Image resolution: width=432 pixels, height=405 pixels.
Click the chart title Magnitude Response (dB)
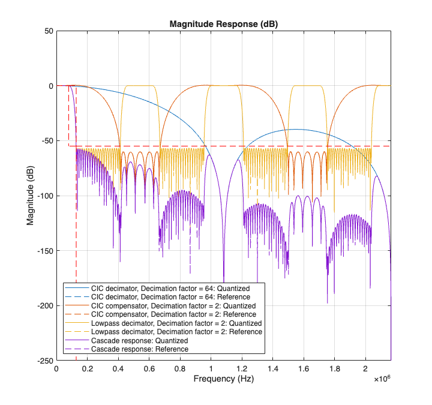[223, 24]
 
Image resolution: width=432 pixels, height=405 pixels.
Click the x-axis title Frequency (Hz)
[223, 380]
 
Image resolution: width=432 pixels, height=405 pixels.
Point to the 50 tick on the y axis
[48, 31]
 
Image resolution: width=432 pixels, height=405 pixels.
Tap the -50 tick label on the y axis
[46, 141]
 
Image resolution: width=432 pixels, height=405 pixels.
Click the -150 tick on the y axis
[44, 251]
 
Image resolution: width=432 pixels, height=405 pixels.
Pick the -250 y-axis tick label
[44, 361]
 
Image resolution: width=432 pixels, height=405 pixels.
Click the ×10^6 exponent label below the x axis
[382, 379]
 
